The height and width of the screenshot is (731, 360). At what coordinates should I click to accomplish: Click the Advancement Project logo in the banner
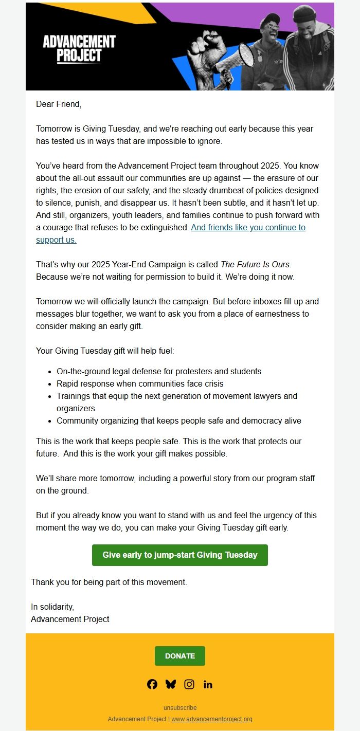click(79, 49)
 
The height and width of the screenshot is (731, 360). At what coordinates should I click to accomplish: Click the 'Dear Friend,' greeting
click(59, 104)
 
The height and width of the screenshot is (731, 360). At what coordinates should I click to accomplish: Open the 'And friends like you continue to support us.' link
click(248, 227)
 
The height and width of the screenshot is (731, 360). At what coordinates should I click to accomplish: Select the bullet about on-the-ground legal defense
click(159, 371)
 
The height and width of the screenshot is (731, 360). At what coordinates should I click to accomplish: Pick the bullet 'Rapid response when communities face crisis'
click(140, 383)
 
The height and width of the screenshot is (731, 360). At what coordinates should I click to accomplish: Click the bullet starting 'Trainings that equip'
click(177, 396)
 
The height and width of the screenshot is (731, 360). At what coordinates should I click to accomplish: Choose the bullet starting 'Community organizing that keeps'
click(179, 421)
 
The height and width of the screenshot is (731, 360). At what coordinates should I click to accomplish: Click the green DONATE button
click(180, 656)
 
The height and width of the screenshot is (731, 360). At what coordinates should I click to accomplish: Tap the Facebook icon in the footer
click(152, 684)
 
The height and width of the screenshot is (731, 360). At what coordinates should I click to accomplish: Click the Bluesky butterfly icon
click(171, 684)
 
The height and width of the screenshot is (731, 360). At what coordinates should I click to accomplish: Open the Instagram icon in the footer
click(189, 684)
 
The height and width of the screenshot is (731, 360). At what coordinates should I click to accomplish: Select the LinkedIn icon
click(208, 684)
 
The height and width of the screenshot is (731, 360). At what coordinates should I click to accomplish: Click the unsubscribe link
click(180, 708)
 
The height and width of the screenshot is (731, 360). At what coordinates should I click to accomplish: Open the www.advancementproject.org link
click(212, 719)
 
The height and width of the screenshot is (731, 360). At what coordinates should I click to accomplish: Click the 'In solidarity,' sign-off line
click(52, 607)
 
